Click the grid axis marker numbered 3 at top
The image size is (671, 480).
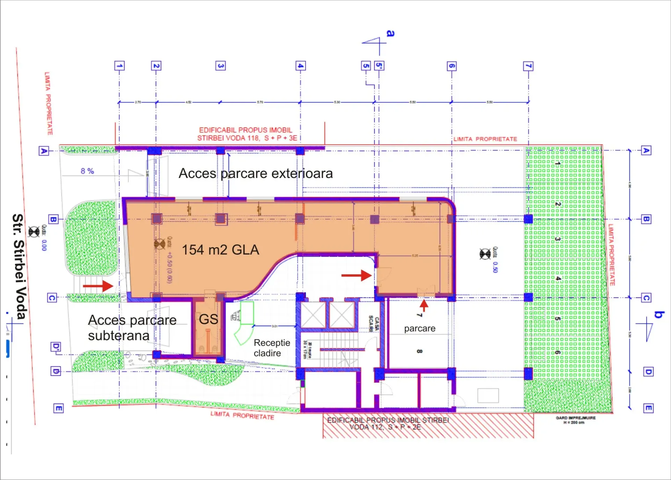220,66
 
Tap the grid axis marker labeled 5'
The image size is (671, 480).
379,66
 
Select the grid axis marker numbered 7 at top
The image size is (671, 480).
528,66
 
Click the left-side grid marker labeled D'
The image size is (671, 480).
56,347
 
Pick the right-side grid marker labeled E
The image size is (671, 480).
648,408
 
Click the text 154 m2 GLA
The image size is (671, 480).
221,250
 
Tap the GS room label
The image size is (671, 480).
208,319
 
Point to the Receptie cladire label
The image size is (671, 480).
272,348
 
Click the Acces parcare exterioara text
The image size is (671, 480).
255,173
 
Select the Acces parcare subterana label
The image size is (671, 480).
132,328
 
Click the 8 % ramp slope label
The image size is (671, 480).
87,171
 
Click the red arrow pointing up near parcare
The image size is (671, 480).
424,305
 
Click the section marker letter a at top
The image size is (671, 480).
390,34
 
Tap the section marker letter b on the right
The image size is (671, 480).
659,314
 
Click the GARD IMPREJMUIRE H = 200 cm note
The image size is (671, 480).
576,420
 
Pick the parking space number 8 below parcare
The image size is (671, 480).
419,351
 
